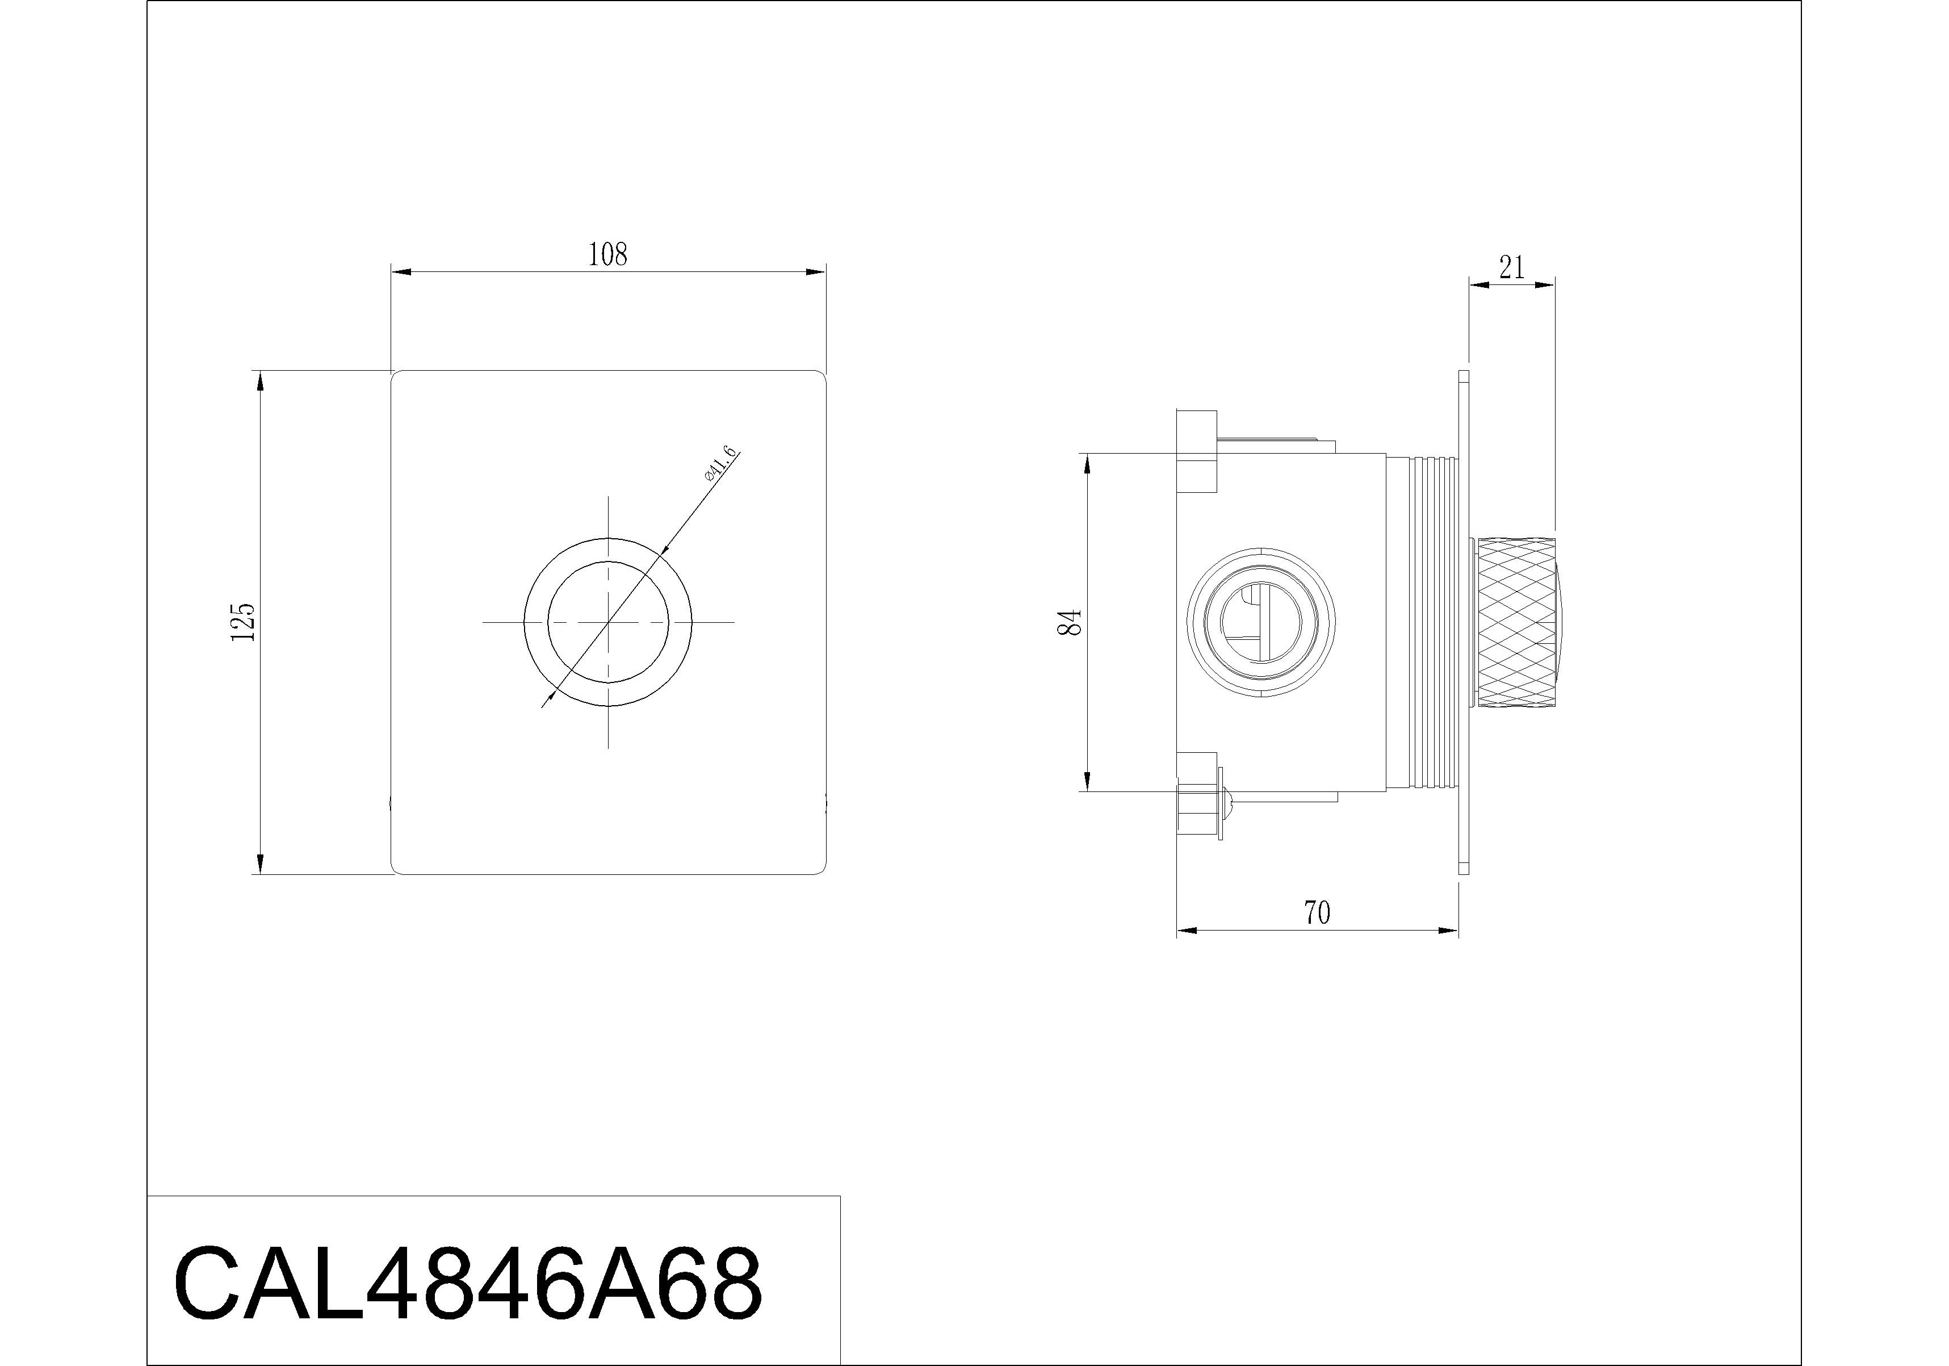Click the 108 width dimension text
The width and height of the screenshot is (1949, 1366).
coord(608,255)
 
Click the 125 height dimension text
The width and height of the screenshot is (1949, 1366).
coord(243,622)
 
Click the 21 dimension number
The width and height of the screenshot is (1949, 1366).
coord(1512,269)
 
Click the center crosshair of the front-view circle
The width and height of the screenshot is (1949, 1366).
coord(609,622)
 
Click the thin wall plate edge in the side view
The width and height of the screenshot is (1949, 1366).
coord(1464,622)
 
